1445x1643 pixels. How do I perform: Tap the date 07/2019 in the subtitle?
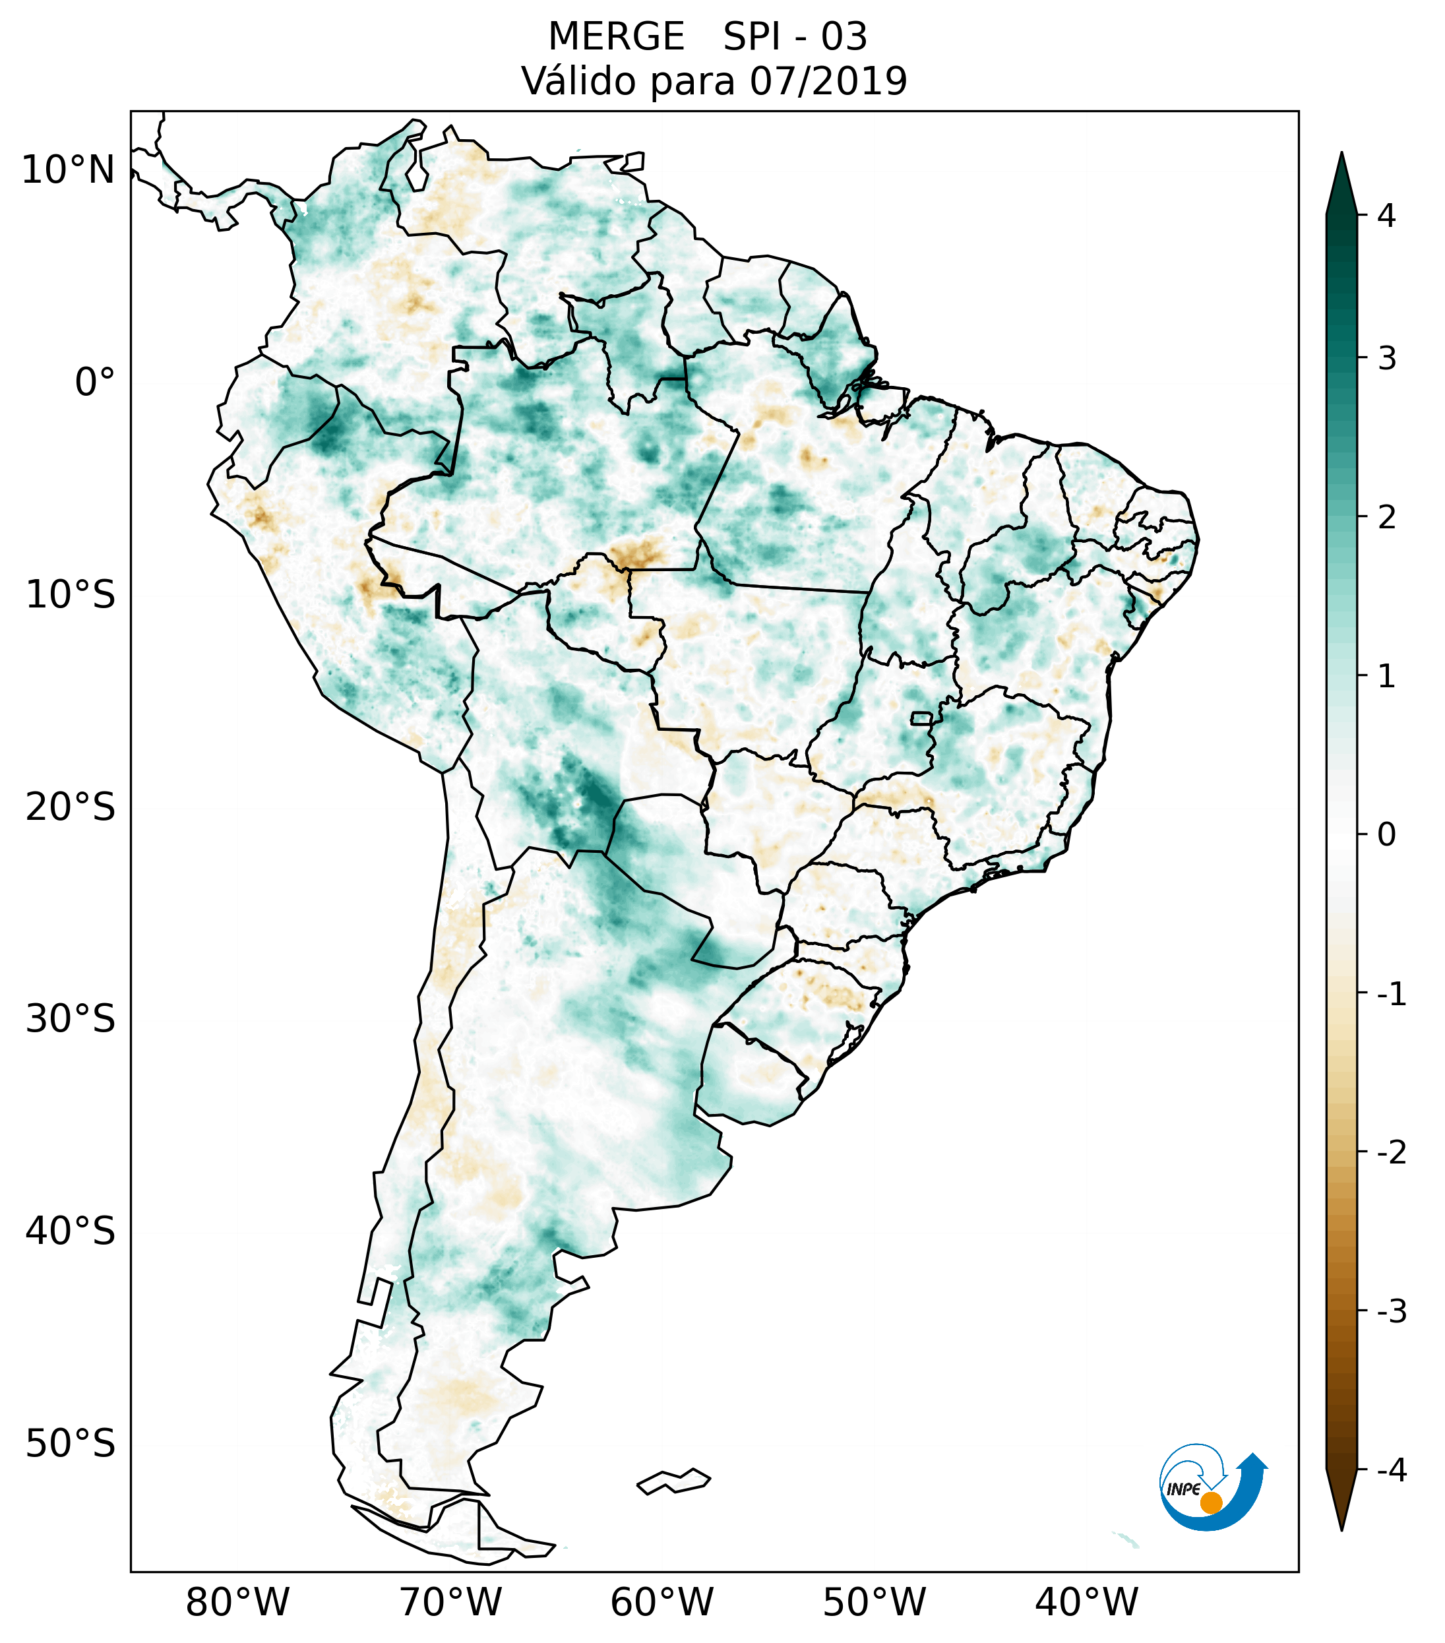[x=828, y=81]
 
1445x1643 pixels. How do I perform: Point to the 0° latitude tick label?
[x=95, y=383]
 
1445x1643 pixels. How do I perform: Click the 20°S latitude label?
[x=71, y=807]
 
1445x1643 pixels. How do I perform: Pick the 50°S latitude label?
[x=71, y=1444]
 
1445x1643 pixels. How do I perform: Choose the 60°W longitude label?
[x=661, y=1602]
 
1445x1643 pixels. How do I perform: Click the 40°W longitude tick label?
[x=1087, y=1602]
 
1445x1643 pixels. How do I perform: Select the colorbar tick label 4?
[x=1386, y=216]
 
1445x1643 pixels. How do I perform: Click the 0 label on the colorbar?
[x=1386, y=835]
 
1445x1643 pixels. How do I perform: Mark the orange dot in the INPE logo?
[x=1211, y=1503]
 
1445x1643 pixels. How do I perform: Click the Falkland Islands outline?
[x=673, y=1481]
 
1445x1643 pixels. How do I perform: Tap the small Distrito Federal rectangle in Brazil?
[x=922, y=718]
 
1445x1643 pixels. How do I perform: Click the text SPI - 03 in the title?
[x=795, y=37]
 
